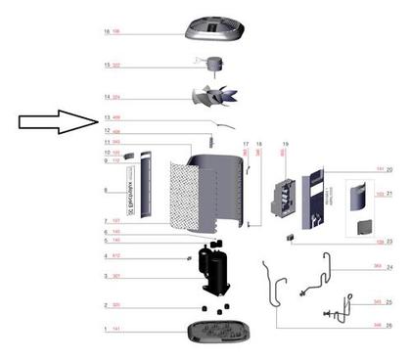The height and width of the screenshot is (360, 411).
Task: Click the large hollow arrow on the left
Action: click(53, 122)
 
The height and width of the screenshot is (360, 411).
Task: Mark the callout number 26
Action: click(388, 324)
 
